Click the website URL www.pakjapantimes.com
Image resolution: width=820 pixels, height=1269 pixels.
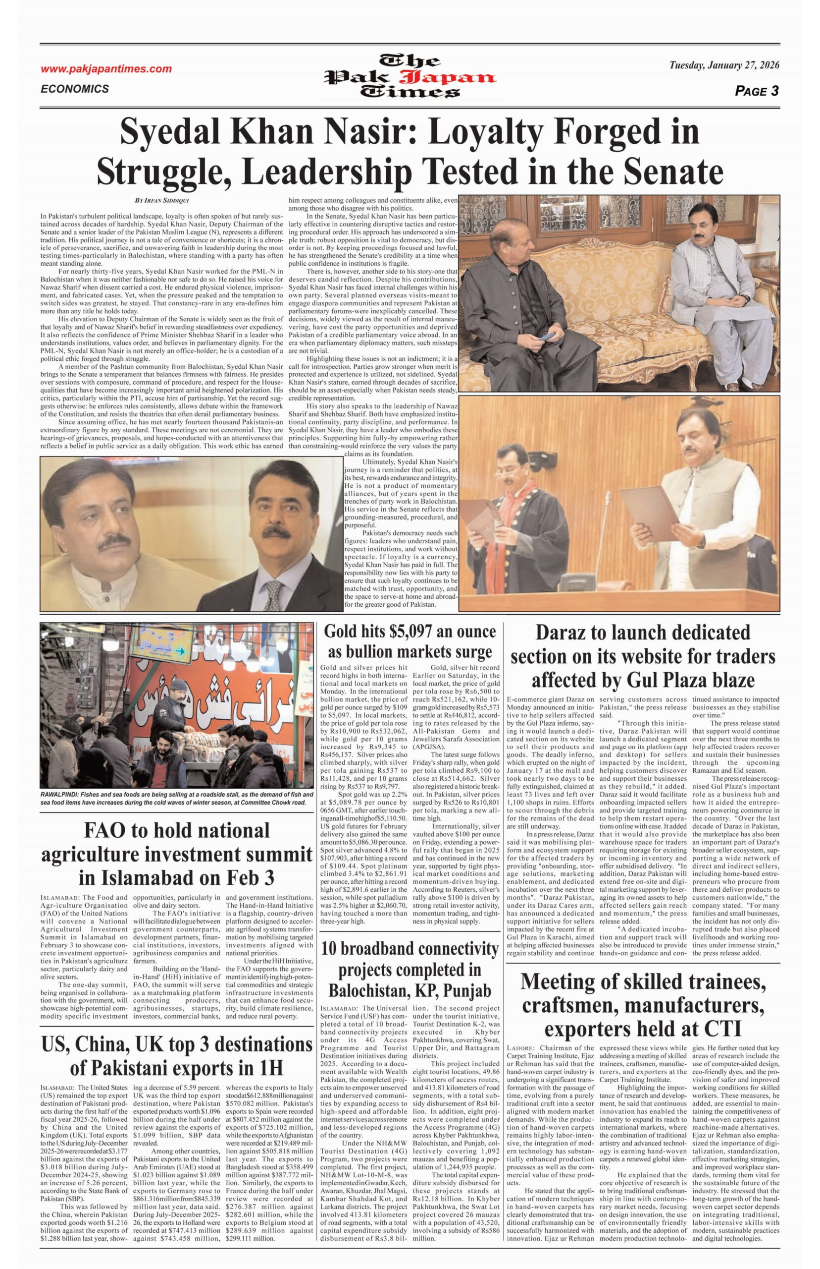click(x=106, y=69)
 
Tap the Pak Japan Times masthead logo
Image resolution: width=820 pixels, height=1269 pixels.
click(x=410, y=77)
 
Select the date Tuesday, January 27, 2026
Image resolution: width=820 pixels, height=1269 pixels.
click(x=724, y=65)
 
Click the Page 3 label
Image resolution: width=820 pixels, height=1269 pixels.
click(x=757, y=91)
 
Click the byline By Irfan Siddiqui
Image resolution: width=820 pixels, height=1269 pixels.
click(x=165, y=200)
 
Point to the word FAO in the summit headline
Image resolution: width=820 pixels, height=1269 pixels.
click(x=108, y=831)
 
